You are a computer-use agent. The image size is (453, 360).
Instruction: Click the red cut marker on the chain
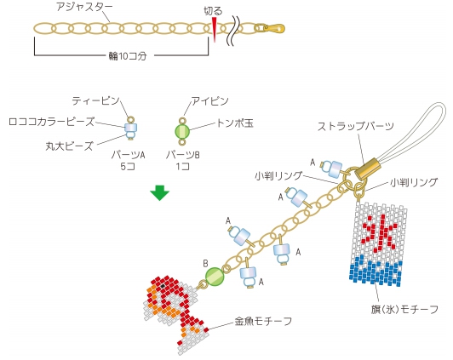[x=215, y=30]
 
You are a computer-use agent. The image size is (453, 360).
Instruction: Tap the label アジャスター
[x=84, y=7]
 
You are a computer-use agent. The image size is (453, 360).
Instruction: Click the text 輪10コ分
[x=128, y=56]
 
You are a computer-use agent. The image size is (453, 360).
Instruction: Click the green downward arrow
[x=159, y=192]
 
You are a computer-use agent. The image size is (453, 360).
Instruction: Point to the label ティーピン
[x=95, y=100]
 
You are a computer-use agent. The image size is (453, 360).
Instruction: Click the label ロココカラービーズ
[x=52, y=122]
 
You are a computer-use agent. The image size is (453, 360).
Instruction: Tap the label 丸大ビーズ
[x=69, y=146]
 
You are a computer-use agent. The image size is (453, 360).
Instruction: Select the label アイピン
[x=210, y=101]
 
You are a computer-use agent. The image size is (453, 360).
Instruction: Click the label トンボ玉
[x=235, y=123]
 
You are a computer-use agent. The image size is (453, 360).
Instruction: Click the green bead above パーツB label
[x=182, y=131]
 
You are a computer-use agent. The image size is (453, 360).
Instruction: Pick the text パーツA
[x=129, y=155]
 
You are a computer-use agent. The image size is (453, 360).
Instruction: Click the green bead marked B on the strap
[x=215, y=277]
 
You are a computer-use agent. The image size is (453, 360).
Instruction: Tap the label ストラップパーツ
[x=356, y=126]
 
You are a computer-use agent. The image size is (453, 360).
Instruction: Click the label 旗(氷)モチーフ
[x=404, y=309]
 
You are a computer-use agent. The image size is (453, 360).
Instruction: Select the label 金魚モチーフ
[x=263, y=321]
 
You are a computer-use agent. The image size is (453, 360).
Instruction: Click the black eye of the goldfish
[x=163, y=285]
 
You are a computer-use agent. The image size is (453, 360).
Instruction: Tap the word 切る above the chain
[x=213, y=11]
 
